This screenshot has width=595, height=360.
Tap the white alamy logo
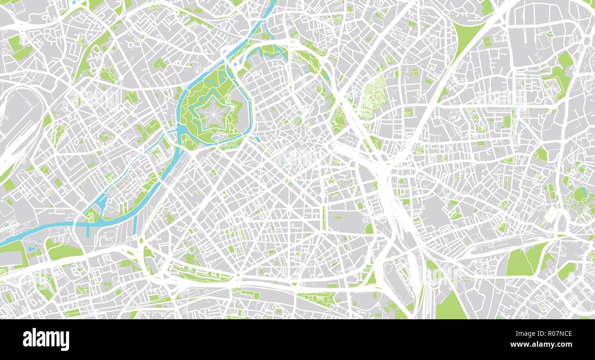click(x=46, y=339)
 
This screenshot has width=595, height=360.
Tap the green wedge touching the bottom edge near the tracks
click(x=451, y=306)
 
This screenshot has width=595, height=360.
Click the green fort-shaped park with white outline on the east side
click(x=557, y=85)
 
